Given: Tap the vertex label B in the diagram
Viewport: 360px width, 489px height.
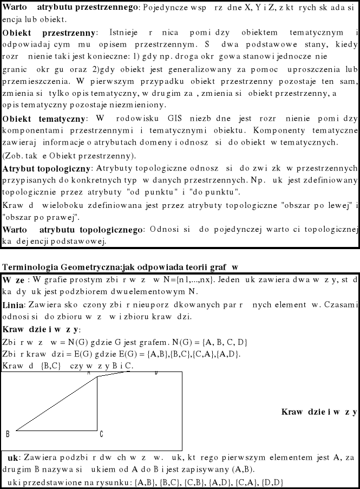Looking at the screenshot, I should pos(8,434).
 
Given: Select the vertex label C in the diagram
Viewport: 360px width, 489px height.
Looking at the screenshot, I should pos(101,434).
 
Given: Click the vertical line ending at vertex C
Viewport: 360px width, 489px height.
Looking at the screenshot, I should pos(97,403).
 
